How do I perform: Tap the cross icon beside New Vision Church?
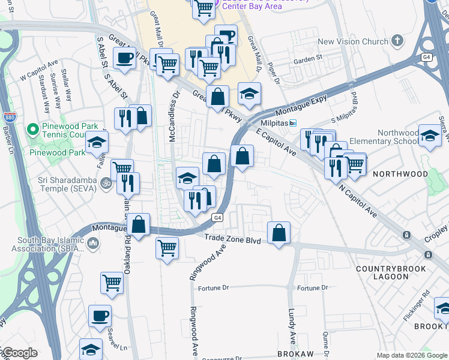click(x=396, y=41)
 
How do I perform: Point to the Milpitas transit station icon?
click(x=292, y=124)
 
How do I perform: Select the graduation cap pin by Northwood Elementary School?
click(x=430, y=136)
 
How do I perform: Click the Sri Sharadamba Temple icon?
click(x=106, y=182)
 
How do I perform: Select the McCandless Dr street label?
click(x=174, y=114)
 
